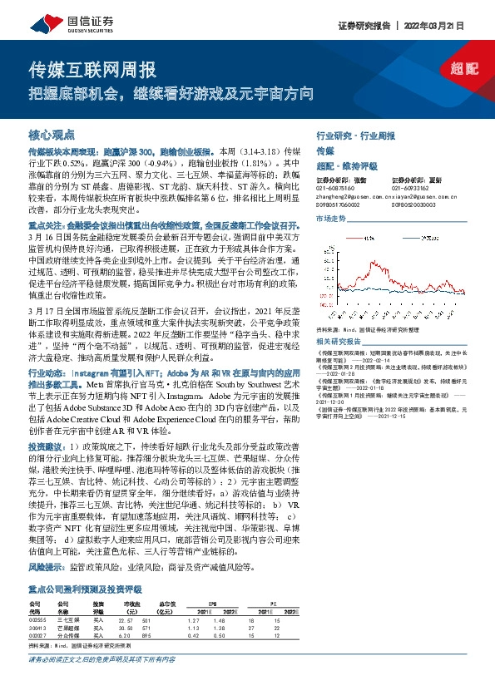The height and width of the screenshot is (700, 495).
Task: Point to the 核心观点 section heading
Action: pos(52,134)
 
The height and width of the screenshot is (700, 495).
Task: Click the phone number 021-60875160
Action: pos(337,189)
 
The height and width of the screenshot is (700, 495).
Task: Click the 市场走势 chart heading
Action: pos(332,218)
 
